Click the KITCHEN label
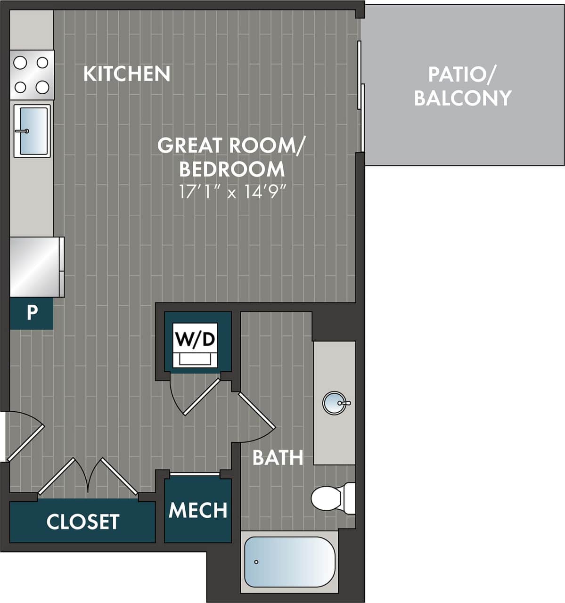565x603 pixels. pos(126,74)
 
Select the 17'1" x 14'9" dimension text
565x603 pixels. pos(233,192)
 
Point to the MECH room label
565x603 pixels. pos(198,510)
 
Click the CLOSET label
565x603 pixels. pos(83,522)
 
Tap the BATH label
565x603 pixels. pos(278,457)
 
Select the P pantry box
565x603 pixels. pos(32,312)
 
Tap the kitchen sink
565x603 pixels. pos(32,130)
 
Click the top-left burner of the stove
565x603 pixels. pos(20,62)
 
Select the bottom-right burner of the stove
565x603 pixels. pos(42,87)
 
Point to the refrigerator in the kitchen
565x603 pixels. pos(36,267)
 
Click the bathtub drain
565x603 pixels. pos(256,562)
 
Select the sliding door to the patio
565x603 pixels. pos(360,97)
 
